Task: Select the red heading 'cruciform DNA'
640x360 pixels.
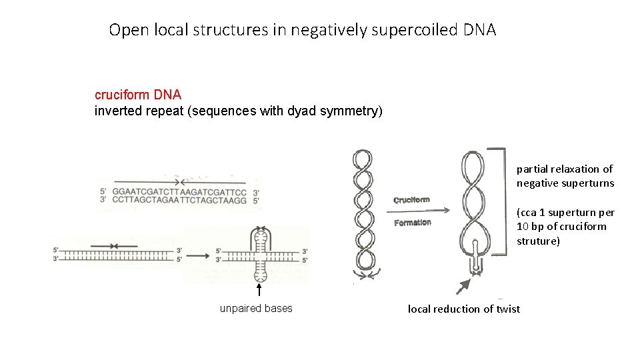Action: (x=137, y=96)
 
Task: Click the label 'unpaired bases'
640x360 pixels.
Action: (x=256, y=309)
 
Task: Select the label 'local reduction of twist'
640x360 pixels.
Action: (x=463, y=309)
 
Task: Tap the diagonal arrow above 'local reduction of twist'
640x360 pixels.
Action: (x=461, y=286)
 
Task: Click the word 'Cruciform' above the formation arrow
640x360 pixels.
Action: (x=411, y=199)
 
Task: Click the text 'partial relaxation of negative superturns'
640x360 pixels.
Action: (x=564, y=176)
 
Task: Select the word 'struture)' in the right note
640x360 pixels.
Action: (x=539, y=241)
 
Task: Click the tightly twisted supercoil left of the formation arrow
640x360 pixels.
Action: (x=363, y=213)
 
